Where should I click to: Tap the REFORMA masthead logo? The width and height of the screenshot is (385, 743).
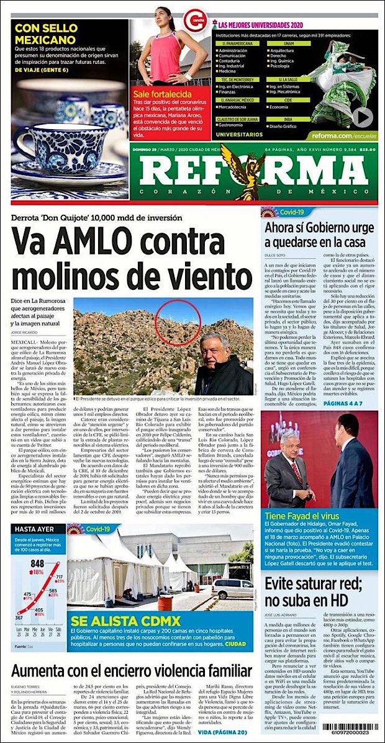[x=253, y=173]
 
